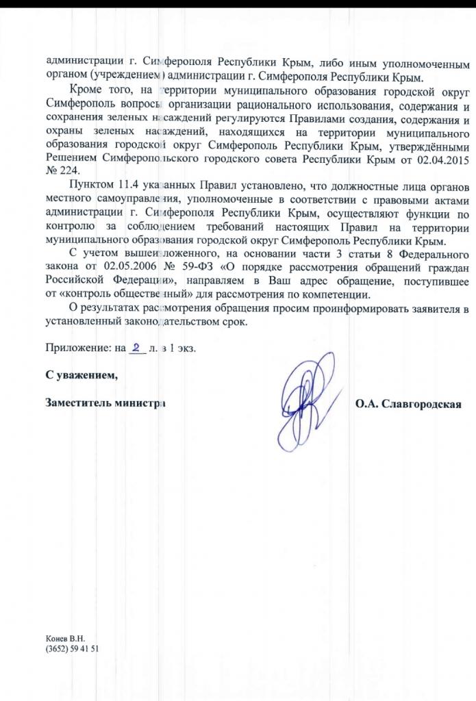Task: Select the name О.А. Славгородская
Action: (408, 403)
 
